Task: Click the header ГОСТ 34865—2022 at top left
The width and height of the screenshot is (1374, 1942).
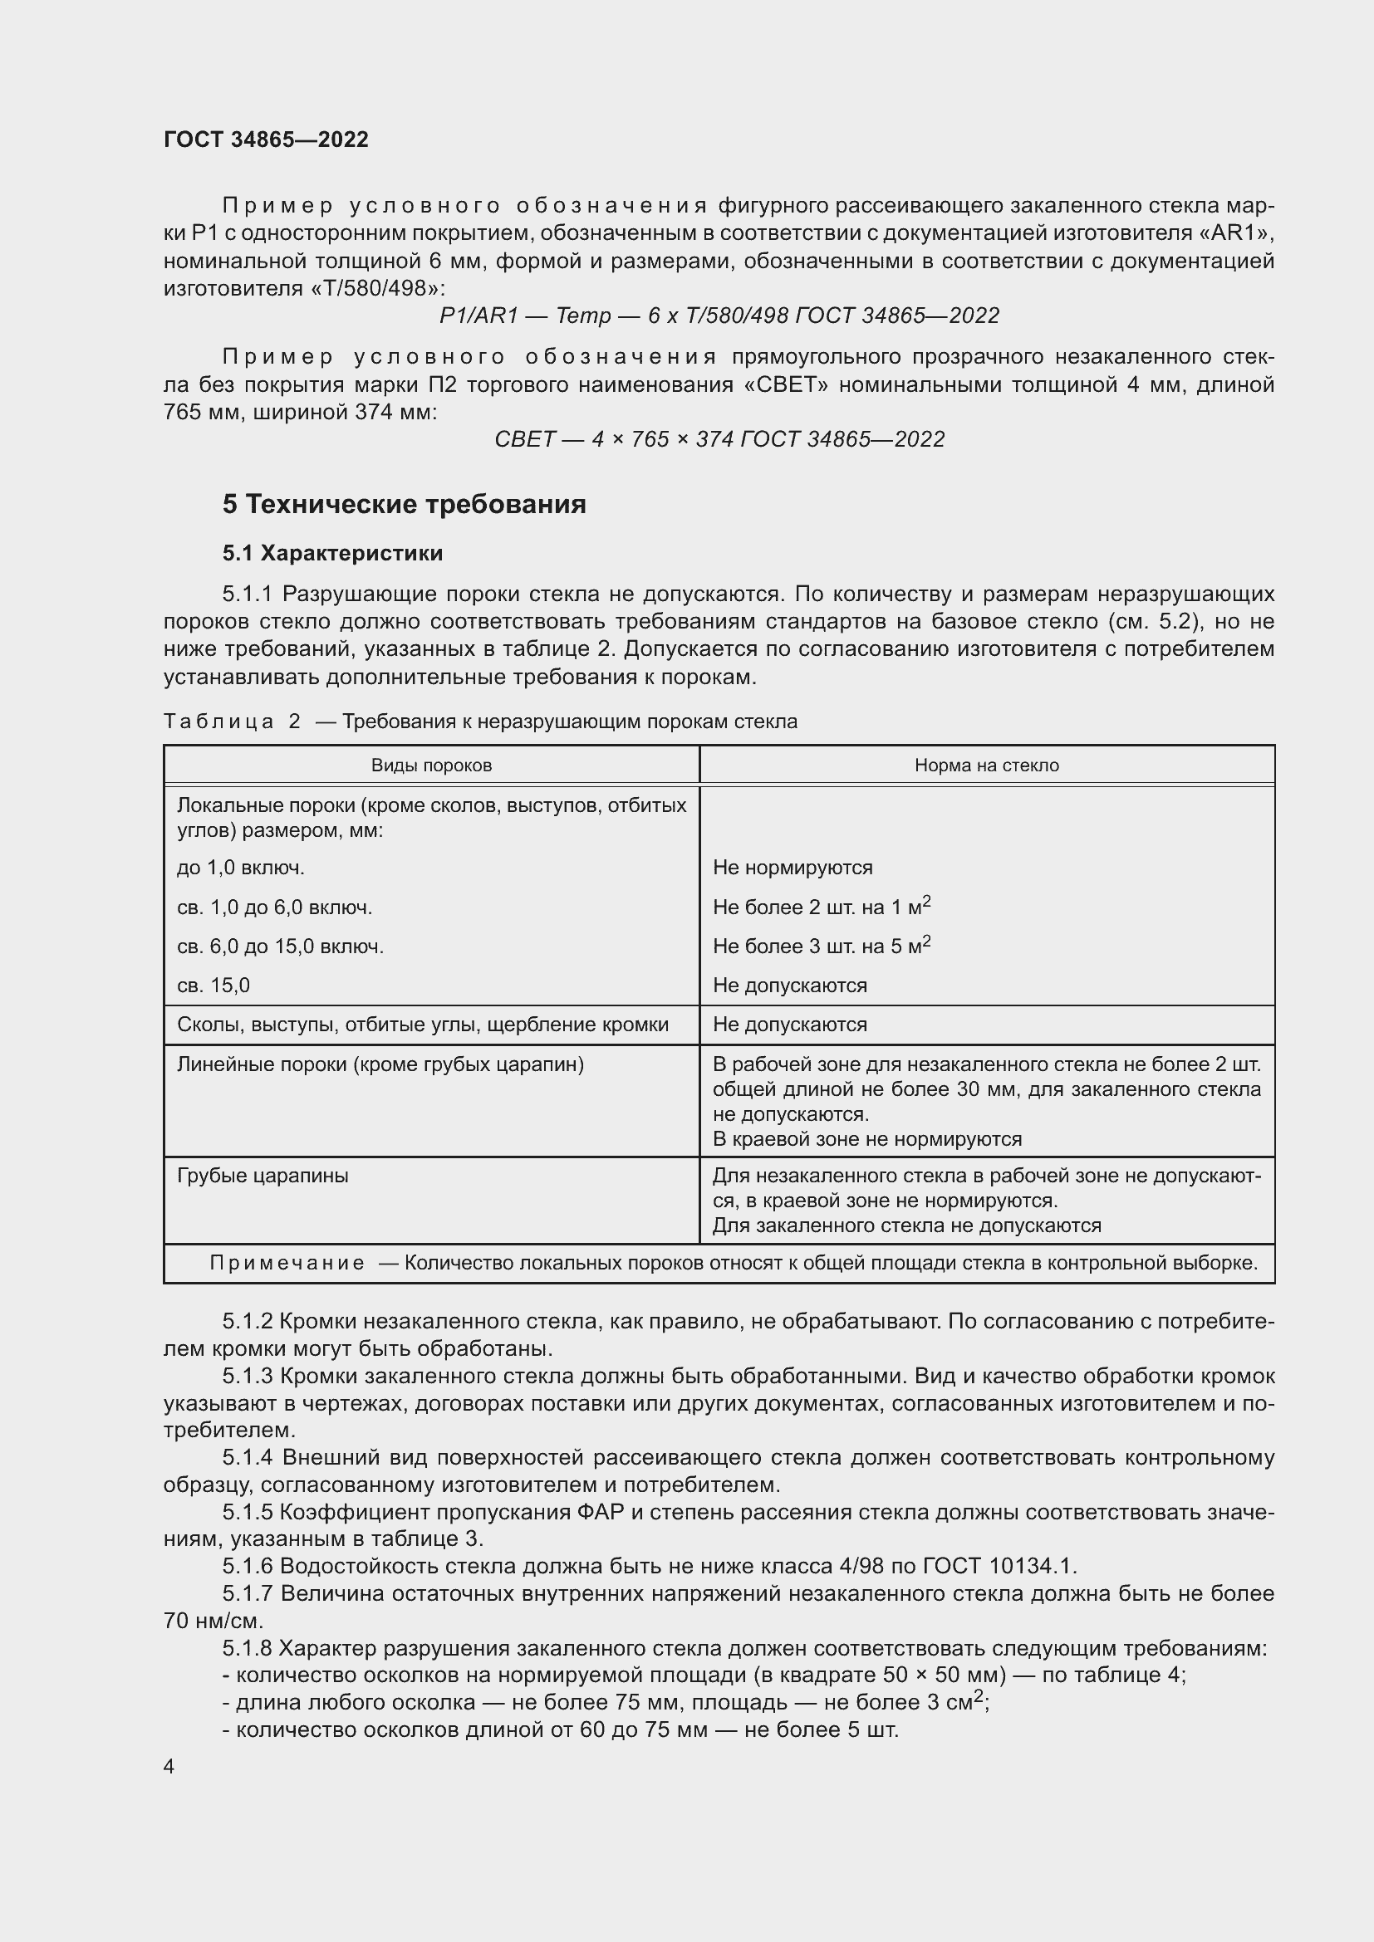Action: [266, 139]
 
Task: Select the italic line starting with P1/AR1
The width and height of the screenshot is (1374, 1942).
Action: [719, 316]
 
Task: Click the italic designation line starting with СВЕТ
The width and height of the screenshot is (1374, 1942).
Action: [719, 439]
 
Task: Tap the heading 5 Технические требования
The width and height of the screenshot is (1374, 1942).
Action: [405, 504]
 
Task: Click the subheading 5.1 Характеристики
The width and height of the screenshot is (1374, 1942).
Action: [332, 553]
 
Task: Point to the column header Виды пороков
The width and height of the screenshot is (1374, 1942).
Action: [431, 766]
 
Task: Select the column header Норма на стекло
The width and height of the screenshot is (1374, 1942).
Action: [987, 766]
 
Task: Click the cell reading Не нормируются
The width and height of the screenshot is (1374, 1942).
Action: [793, 868]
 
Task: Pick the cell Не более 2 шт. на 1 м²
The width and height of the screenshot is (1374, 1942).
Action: [821, 907]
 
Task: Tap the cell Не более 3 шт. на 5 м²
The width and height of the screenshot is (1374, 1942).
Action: [821, 946]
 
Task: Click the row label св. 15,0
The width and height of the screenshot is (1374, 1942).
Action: [213, 986]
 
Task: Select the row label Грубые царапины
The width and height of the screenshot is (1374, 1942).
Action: [263, 1176]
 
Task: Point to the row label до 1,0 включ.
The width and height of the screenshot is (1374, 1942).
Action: [240, 868]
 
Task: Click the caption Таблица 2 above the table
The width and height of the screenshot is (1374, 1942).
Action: [232, 722]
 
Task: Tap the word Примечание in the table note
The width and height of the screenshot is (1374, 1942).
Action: [287, 1263]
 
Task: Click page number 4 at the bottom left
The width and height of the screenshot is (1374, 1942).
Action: [169, 1767]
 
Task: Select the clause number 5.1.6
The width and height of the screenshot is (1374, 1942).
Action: [248, 1567]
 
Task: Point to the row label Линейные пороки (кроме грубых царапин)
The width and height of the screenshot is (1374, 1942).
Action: [380, 1064]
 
